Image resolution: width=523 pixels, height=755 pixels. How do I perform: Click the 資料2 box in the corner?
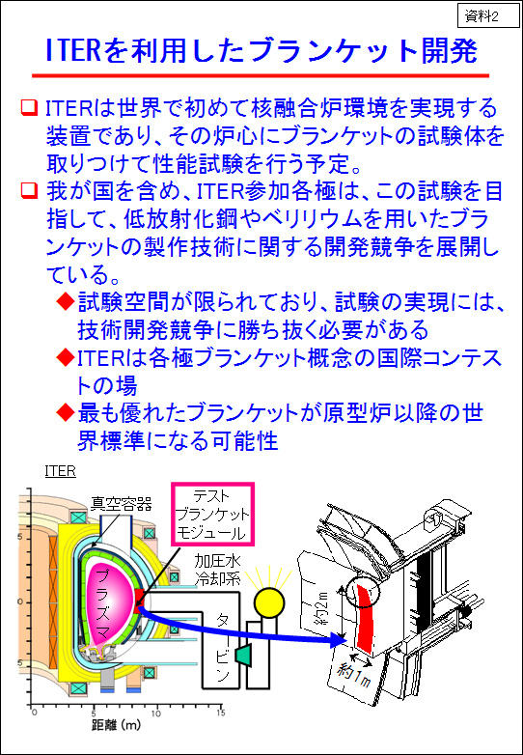pyautogui.click(x=486, y=16)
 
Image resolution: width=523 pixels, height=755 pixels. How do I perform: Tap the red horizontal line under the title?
pyautogui.click(x=261, y=75)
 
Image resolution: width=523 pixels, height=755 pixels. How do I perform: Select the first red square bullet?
pyautogui.click(x=29, y=108)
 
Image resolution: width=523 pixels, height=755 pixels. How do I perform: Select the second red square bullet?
pyautogui.click(x=29, y=190)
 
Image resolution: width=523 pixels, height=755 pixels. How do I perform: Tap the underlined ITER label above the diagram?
pyautogui.click(x=60, y=471)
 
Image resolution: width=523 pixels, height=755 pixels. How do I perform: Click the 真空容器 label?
pyautogui.click(x=122, y=504)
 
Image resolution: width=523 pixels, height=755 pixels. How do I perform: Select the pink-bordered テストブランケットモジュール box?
pyautogui.click(x=212, y=515)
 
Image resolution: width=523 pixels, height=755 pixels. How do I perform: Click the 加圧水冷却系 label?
pyautogui.click(x=217, y=569)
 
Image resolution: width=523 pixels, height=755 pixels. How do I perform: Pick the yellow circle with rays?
pyautogui.click(x=269, y=601)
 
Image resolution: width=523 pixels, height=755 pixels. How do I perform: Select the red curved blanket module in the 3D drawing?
pyautogui.click(x=365, y=618)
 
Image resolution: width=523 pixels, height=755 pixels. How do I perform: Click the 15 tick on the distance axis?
pyautogui.click(x=220, y=713)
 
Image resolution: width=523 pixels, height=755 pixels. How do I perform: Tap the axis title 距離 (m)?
pyautogui.click(x=116, y=725)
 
